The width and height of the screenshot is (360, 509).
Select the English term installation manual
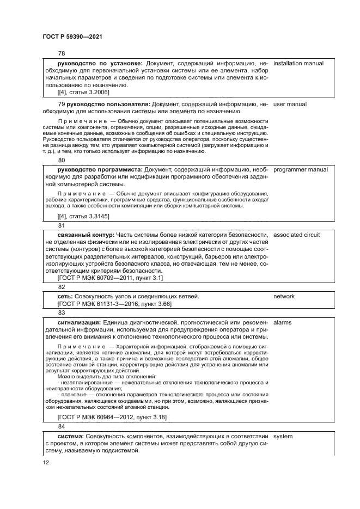click(x=298, y=64)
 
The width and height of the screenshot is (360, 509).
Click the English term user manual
click(x=290, y=103)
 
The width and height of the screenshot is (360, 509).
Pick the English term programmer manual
click(x=301, y=169)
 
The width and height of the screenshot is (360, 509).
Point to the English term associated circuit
click(x=296, y=235)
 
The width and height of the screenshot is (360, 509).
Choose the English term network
click(x=283, y=296)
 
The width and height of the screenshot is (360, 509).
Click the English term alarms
click(x=282, y=322)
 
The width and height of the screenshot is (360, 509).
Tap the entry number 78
click(x=62, y=53)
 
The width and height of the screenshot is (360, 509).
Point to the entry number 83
click(x=62, y=312)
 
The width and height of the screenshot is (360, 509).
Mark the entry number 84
click(x=62, y=426)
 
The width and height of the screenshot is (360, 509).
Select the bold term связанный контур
click(x=84, y=235)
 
